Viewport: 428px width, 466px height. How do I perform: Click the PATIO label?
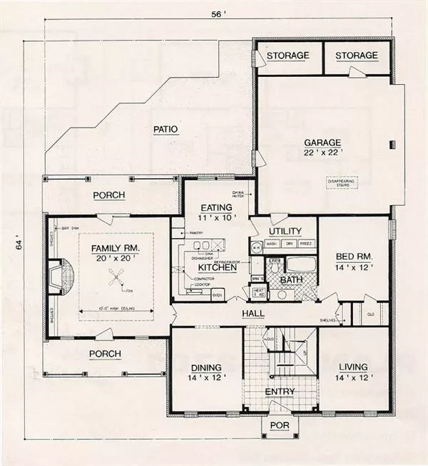pos(164,129)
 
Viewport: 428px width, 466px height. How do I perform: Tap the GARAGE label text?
pos(322,141)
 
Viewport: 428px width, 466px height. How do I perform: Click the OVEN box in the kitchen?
pos(218,293)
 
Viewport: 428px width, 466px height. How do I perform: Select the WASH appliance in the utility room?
pos(272,244)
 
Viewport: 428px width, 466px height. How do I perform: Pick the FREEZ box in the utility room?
pos(305,244)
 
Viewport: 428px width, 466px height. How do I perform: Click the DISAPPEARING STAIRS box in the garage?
pos(341,183)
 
